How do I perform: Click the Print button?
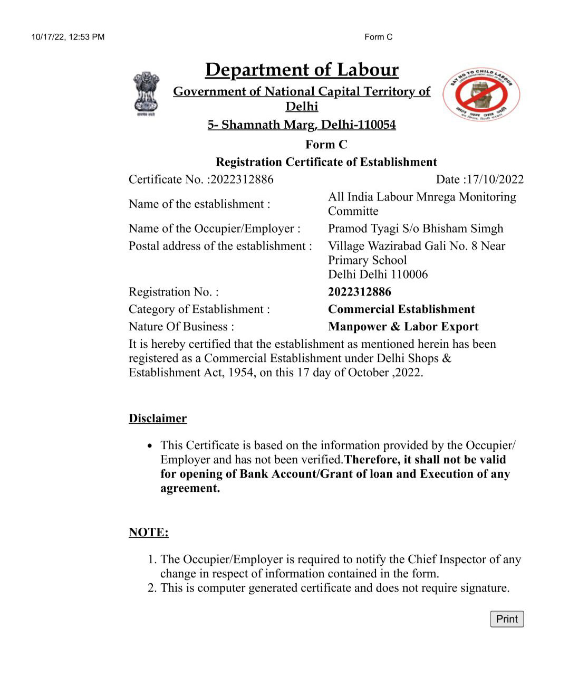point(507,619)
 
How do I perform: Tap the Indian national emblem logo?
point(146,94)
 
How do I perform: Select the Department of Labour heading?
point(302,70)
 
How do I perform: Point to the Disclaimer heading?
point(158,419)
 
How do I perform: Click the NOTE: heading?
point(149,532)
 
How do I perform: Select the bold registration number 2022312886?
point(360,292)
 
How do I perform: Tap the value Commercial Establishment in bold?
point(401,309)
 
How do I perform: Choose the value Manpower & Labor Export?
point(403,327)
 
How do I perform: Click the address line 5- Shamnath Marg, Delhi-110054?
point(302,125)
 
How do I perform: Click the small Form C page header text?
point(378,37)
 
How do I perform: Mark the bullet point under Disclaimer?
point(150,446)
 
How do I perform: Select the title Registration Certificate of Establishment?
point(326,162)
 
